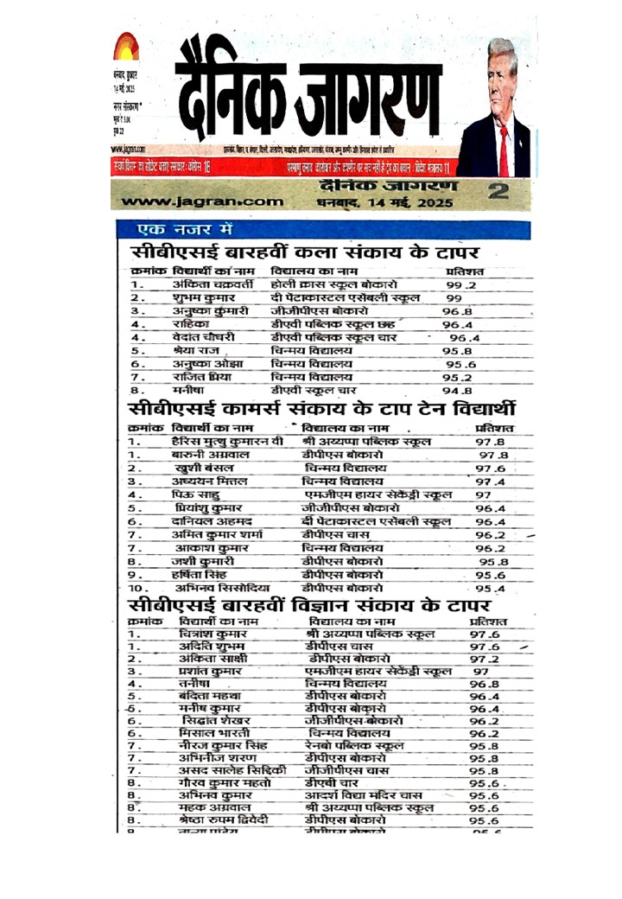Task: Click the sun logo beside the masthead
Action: click(126, 46)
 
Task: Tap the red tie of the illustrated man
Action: click(503, 150)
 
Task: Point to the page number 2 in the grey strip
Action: click(497, 192)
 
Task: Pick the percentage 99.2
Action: click(460, 284)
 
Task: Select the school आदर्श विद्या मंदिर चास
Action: click(363, 794)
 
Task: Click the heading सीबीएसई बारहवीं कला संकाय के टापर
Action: click(304, 253)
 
